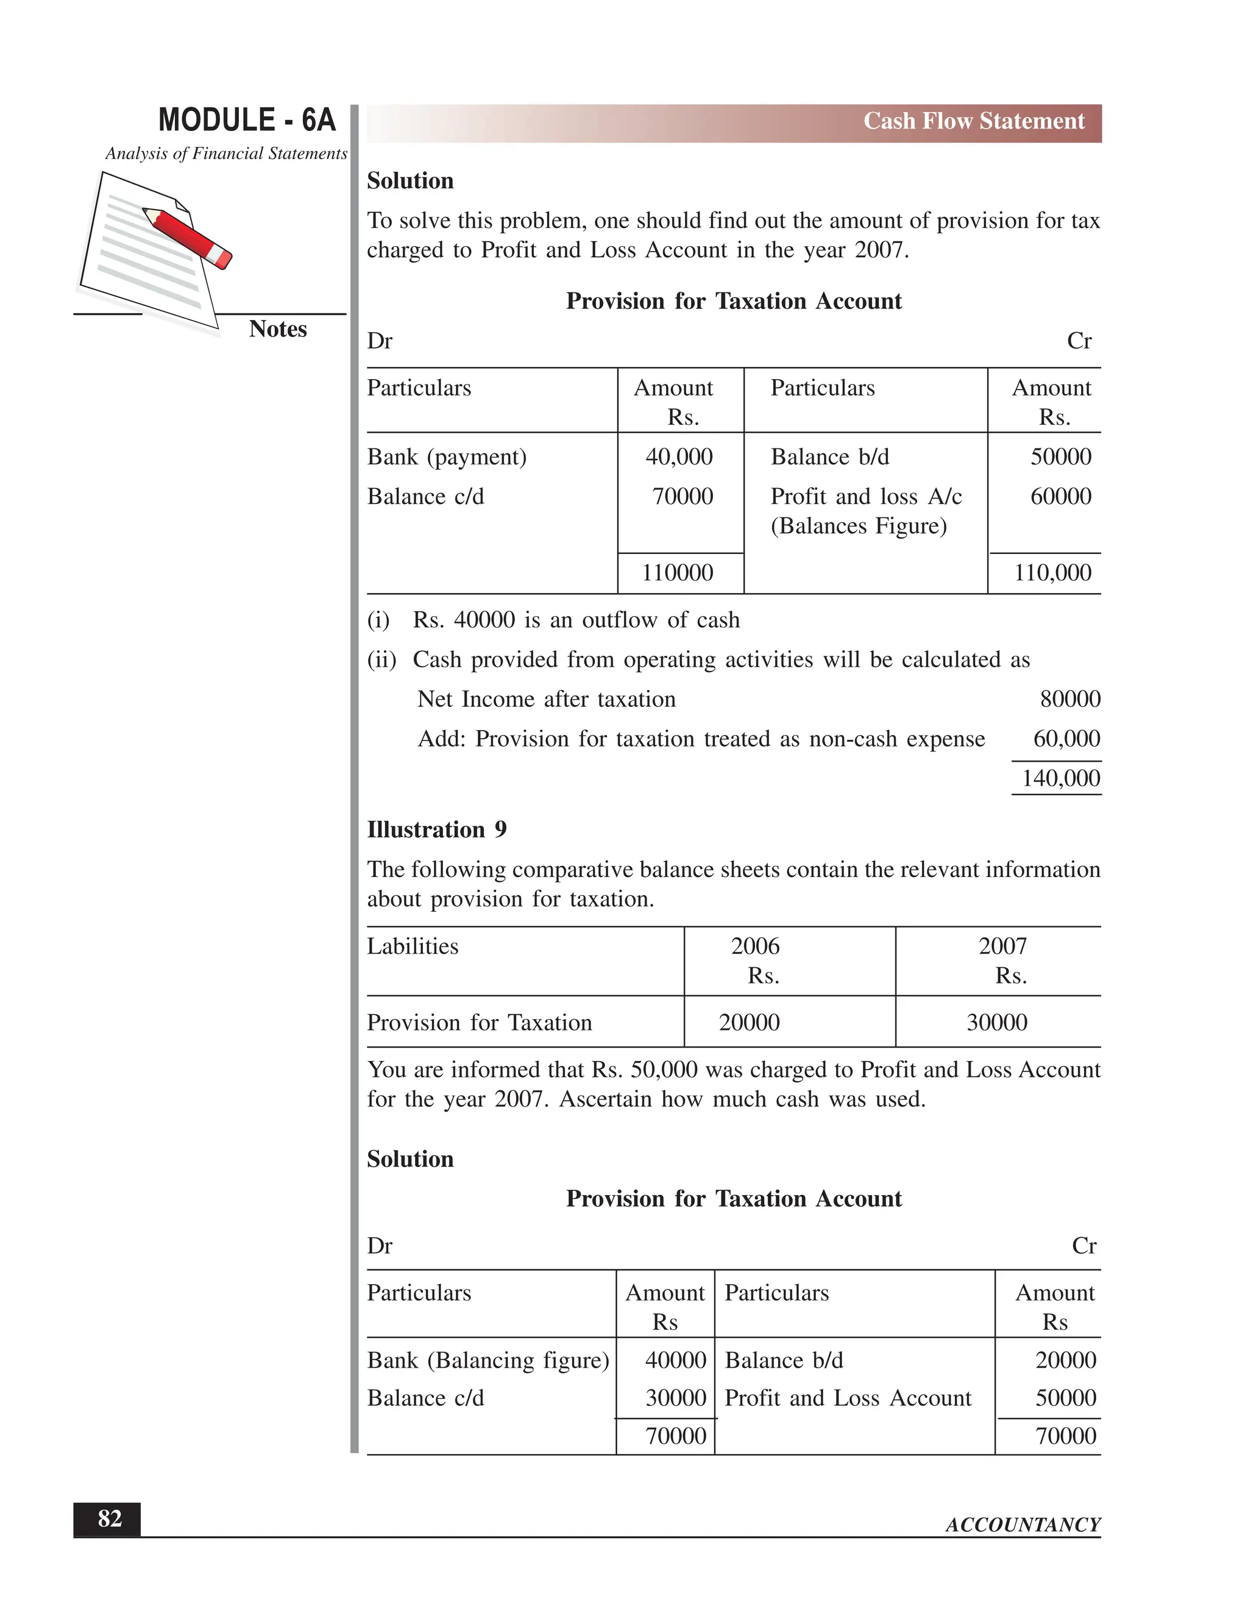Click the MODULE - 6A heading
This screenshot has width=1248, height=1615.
pyautogui.click(x=247, y=120)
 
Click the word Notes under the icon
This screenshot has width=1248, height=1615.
pyautogui.click(x=277, y=329)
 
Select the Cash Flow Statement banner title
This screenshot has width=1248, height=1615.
pyautogui.click(x=973, y=121)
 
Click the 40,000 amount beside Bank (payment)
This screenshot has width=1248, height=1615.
pyautogui.click(x=679, y=457)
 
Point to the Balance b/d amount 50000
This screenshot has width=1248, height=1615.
pyautogui.click(x=1060, y=457)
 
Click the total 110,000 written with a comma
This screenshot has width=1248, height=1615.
pyautogui.click(x=1051, y=573)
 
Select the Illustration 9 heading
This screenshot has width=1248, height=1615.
pyautogui.click(x=436, y=829)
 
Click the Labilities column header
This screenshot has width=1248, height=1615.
pyautogui.click(x=413, y=946)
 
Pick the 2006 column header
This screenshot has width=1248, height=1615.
pyautogui.click(x=755, y=946)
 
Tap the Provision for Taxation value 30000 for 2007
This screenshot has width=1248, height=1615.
pyautogui.click(x=996, y=1023)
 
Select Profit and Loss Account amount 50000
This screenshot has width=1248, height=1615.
pyautogui.click(x=1065, y=1398)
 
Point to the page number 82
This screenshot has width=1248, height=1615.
pyautogui.click(x=110, y=1519)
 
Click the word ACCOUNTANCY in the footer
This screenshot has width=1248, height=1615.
pyautogui.click(x=1023, y=1525)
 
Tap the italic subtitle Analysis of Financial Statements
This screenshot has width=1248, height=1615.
pyautogui.click(x=225, y=154)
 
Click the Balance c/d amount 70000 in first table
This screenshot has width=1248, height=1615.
pyautogui.click(x=682, y=497)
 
